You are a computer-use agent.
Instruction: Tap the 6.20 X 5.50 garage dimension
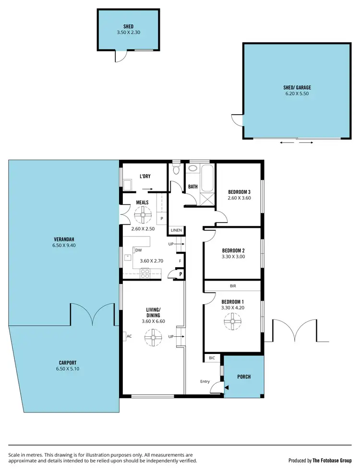pos(297,94)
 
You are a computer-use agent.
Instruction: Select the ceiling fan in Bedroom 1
pos(232,321)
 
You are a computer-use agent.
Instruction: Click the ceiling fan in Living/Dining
pos(153,339)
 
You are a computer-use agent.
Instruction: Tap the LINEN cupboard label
pos(176,231)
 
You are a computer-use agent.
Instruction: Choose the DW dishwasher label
pos(138,250)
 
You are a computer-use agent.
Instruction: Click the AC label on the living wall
pos(129,336)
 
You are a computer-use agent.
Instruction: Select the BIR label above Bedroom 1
pos(233,286)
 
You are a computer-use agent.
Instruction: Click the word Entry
pos(205,382)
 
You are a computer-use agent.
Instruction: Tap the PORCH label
pos(244,377)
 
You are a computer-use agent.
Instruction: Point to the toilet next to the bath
pos(176,170)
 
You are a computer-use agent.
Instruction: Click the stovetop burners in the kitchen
pos(145,273)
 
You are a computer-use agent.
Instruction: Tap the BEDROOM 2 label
pos(233,250)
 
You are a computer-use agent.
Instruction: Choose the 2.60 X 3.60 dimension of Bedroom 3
pos(240,198)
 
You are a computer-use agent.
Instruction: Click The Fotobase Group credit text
pos(333,460)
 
